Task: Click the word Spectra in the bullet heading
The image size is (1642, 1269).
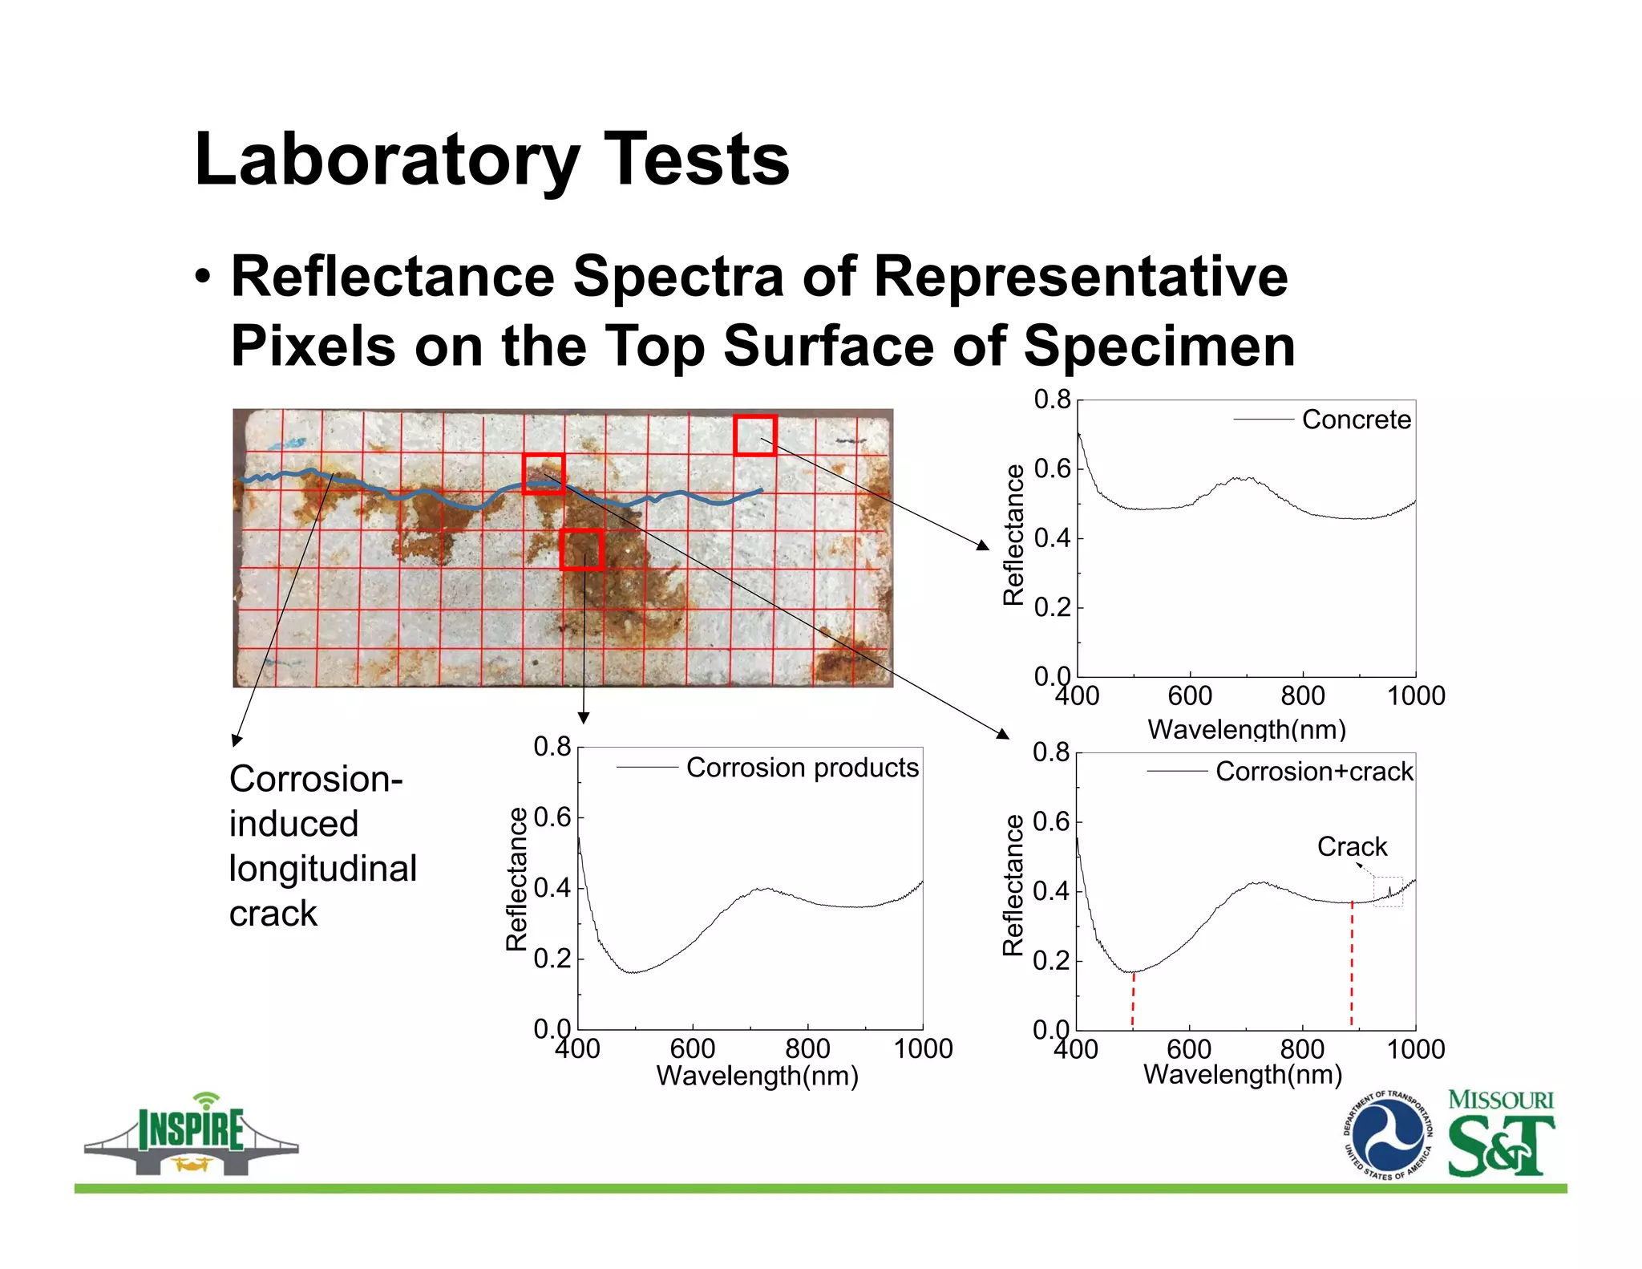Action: click(x=677, y=277)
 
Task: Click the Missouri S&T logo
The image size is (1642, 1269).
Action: click(x=1500, y=1133)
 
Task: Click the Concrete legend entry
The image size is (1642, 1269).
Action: click(x=1355, y=420)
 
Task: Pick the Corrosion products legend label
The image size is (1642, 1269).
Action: click(x=802, y=768)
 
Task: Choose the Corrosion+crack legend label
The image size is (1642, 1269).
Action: click(x=1313, y=772)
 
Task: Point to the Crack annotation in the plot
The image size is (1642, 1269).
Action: click(x=1352, y=847)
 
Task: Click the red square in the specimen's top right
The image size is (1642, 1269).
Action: click(x=755, y=436)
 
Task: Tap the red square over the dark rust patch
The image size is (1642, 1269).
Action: click(x=581, y=549)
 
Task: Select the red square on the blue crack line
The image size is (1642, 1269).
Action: click(x=544, y=473)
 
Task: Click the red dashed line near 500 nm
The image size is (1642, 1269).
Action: click(x=1133, y=999)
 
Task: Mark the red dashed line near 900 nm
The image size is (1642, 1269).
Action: click(x=1352, y=963)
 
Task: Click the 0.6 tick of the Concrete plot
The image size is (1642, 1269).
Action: click(x=1052, y=469)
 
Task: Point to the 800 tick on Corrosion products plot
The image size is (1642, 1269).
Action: click(x=807, y=1048)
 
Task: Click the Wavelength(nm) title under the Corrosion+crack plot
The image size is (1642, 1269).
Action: click(x=1242, y=1074)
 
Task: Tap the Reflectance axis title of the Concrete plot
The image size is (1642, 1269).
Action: click(x=1013, y=535)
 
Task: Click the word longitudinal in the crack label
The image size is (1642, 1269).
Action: click(x=322, y=869)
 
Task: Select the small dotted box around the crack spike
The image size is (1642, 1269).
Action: click(x=1388, y=892)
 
